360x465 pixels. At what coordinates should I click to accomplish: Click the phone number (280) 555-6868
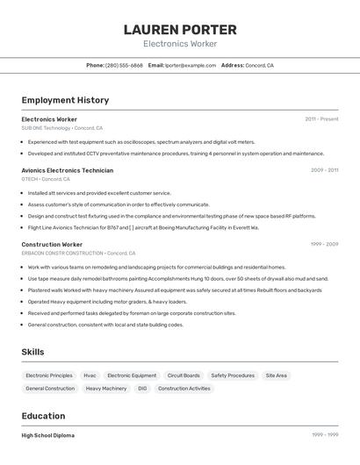point(124,65)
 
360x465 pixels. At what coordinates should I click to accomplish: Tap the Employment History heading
point(65,100)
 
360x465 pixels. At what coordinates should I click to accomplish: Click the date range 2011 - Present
point(321,118)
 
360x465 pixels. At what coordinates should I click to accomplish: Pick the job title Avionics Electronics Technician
point(67,170)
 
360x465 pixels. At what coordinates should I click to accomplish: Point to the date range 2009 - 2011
point(324,170)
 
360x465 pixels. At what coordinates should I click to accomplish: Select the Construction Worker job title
point(52,244)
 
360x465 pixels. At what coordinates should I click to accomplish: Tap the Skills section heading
point(32,352)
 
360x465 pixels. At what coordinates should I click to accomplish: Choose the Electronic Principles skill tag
point(49,376)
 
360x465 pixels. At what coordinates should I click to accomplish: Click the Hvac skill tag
point(90,376)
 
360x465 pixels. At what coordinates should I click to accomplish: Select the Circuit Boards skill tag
point(184,376)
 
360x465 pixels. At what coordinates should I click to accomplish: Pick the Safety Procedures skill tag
point(233,376)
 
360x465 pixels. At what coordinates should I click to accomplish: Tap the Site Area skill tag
point(277,376)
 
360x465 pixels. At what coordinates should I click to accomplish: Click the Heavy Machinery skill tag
point(106,389)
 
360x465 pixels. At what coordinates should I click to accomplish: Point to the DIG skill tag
point(142,389)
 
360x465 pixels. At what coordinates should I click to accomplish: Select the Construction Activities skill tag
point(184,389)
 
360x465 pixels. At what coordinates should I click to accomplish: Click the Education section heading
point(43,416)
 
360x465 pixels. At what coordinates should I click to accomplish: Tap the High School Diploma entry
point(47,435)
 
